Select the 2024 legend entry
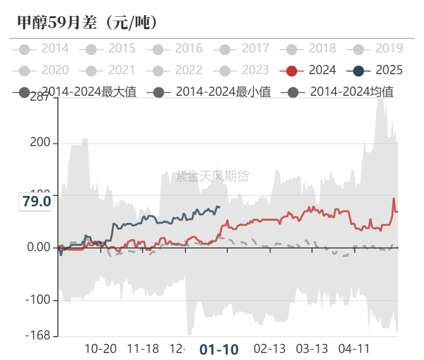(x=308, y=70)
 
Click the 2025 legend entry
(x=376, y=70)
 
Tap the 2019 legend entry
(x=376, y=49)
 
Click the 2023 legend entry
(x=243, y=70)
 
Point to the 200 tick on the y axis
(x=40, y=143)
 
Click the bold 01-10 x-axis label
(x=218, y=349)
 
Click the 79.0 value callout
(x=37, y=202)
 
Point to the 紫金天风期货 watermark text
(x=212, y=176)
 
